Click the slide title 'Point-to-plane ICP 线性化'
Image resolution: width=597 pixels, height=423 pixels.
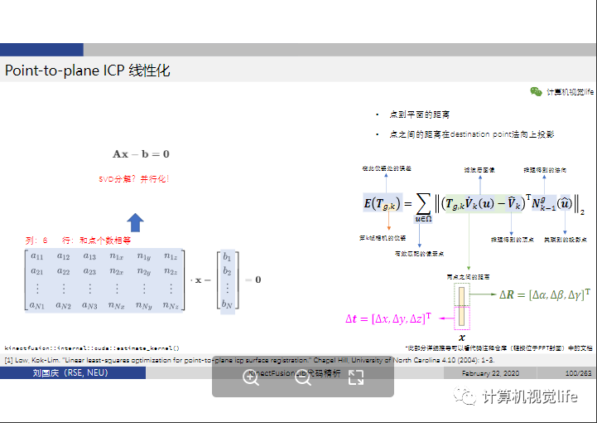tap(88, 70)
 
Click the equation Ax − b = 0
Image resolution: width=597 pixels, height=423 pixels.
tap(141, 154)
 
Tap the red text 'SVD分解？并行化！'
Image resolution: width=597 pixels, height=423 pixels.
tap(134, 179)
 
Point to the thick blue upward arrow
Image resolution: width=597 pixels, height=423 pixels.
tap(136, 221)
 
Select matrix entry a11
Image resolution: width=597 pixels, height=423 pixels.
tap(36, 257)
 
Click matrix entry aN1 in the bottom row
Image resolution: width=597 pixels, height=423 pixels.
tap(36, 305)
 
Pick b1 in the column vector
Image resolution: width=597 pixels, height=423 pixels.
tap(227, 257)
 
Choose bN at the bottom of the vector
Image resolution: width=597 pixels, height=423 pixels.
tap(227, 304)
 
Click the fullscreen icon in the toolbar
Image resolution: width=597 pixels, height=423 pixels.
tap(356, 377)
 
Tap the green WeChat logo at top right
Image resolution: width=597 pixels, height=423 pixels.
tap(537, 92)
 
